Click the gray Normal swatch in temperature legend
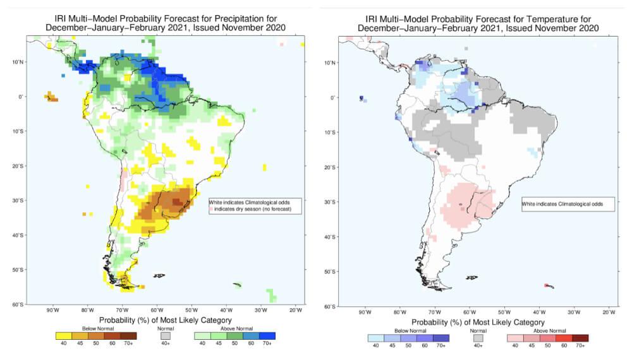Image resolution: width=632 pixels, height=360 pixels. [x=478, y=338]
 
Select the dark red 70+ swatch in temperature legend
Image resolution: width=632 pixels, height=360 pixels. [x=581, y=338]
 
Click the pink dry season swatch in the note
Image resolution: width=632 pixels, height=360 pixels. [x=212, y=208]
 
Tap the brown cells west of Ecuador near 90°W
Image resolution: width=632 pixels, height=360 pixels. [x=51, y=97]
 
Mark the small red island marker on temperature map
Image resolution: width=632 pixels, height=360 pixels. [x=545, y=285]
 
